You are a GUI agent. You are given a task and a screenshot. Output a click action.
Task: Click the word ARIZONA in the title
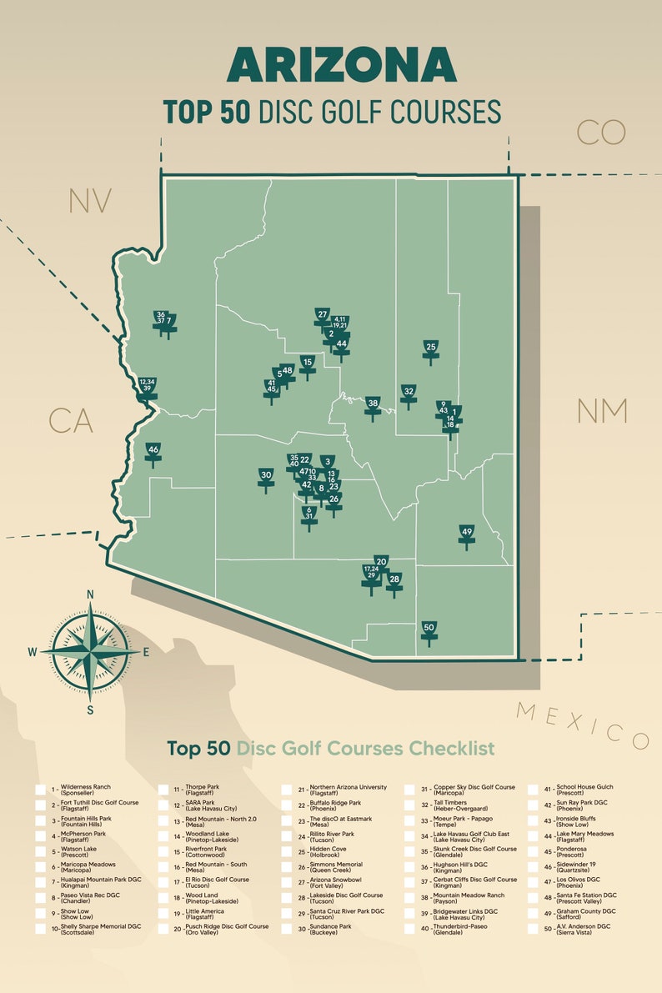pos(342,64)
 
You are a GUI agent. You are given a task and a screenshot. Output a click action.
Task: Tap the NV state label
pos(90,202)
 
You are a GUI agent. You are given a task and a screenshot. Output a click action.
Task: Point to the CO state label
pos(600,132)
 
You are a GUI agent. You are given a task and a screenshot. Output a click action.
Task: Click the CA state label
pos(71,421)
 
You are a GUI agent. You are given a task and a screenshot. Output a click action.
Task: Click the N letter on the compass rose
pos(90,594)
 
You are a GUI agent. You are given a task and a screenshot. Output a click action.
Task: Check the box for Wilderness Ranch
pos(40,790)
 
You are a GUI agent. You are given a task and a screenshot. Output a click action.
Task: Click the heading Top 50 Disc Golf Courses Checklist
pos(330,748)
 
